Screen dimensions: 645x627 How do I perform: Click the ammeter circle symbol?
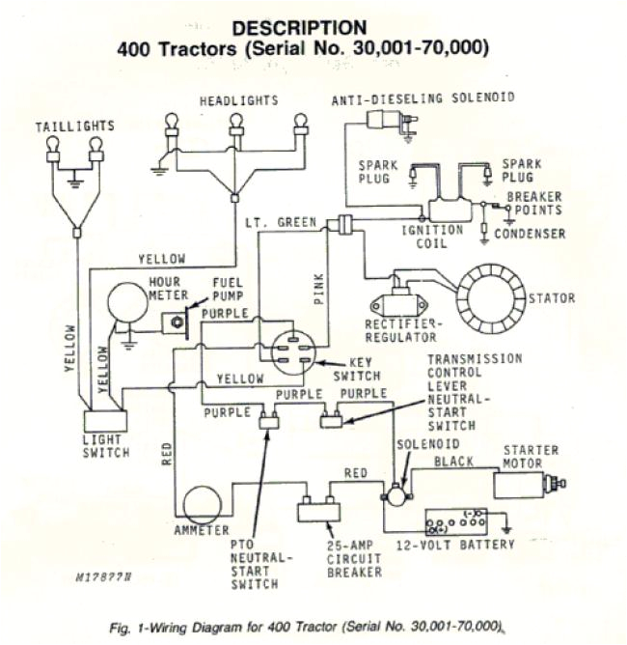point(203,505)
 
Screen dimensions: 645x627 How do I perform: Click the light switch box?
point(106,423)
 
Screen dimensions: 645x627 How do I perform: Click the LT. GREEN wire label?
point(282,223)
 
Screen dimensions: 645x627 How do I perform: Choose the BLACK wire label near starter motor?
point(453,462)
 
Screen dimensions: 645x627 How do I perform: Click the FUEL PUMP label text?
point(228,288)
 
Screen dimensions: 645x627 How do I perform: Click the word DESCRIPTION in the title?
point(300,28)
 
